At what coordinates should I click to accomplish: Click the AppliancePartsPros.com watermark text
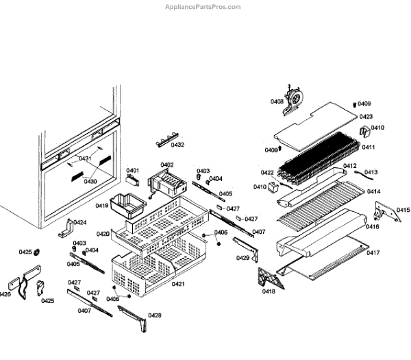[x=203, y=7]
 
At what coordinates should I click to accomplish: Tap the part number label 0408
[x=277, y=101]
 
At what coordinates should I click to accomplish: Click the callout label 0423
[x=366, y=117]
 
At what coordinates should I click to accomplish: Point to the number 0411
[x=369, y=147]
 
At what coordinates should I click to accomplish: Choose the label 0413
[x=371, y=172]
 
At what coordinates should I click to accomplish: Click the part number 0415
[x=403, y=210]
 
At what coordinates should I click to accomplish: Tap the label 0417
[x=373, y=253]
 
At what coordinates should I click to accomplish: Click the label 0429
[x=243, y=258]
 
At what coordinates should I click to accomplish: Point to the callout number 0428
[x=155, y=315]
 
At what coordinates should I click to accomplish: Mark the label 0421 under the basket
[x=178, y=284]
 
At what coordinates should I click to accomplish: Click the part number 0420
[x=103, y=234]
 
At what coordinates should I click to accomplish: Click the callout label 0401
[x=132, y=170]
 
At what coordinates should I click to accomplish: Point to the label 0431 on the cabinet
[x=84, y=158]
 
